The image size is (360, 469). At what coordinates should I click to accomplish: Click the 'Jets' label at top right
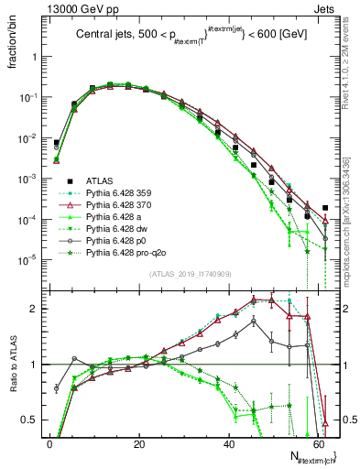(327, 7)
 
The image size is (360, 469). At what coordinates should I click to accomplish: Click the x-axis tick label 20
(139, 442)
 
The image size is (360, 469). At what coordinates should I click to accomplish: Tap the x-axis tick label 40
(228, 442)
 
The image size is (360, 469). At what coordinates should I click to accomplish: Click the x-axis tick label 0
(49, 442)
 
